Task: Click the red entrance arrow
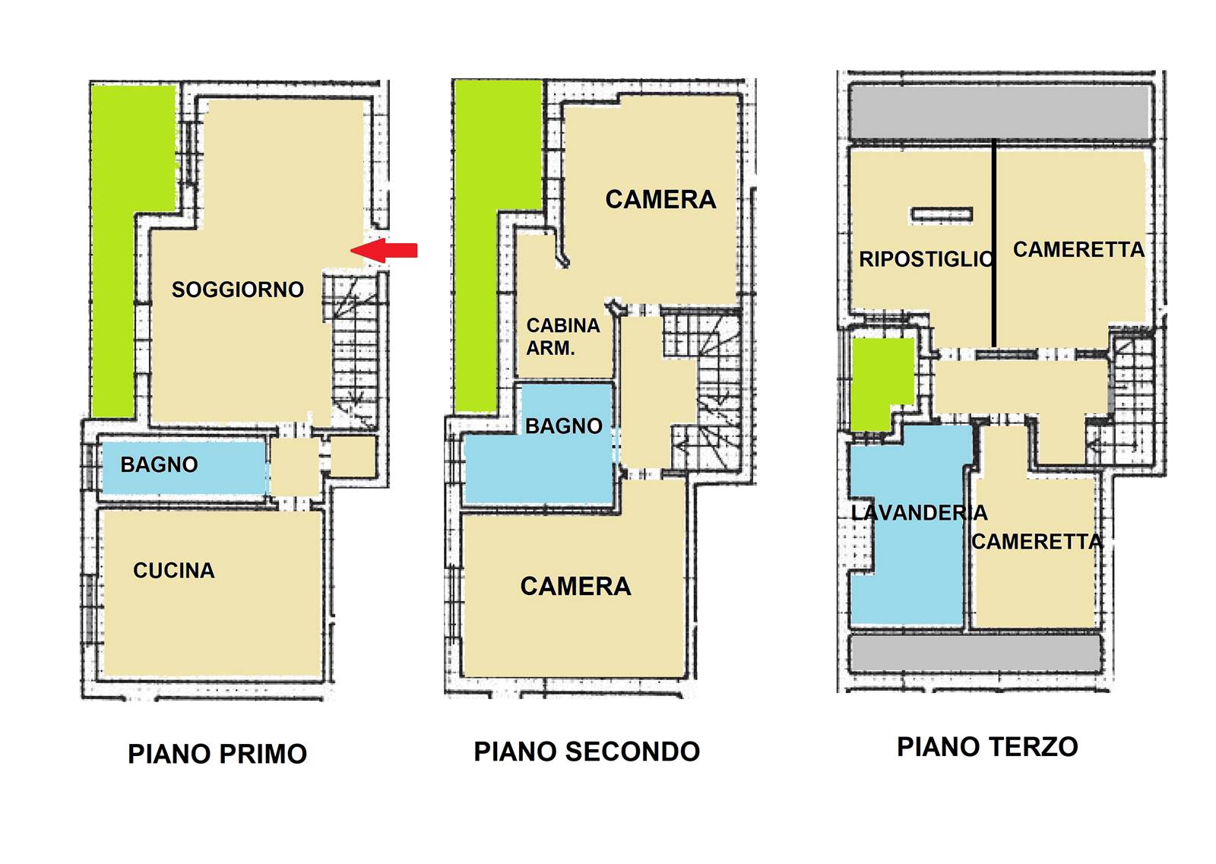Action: [384, 250]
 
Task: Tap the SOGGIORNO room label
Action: [238, 290]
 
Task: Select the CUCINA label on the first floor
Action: [174, 571]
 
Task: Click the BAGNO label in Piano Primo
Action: [159, 464]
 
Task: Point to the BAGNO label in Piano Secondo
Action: [564, 426]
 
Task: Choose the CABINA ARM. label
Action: [563, 337]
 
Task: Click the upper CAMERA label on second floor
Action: [660, 199]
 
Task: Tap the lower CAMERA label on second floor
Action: [575, 586]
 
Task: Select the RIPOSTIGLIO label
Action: [926, 259]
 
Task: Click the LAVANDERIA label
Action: [919, 513]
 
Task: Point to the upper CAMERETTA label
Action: [1078, 250]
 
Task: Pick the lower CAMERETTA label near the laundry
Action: [1037, 542]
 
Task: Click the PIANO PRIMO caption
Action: [217, 754]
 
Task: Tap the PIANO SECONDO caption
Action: [587, 752]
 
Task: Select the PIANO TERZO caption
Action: [987, 747]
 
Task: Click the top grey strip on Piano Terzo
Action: [1001, 112]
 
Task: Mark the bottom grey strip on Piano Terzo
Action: [975, 654]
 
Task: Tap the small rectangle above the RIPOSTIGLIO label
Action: [942, 214]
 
